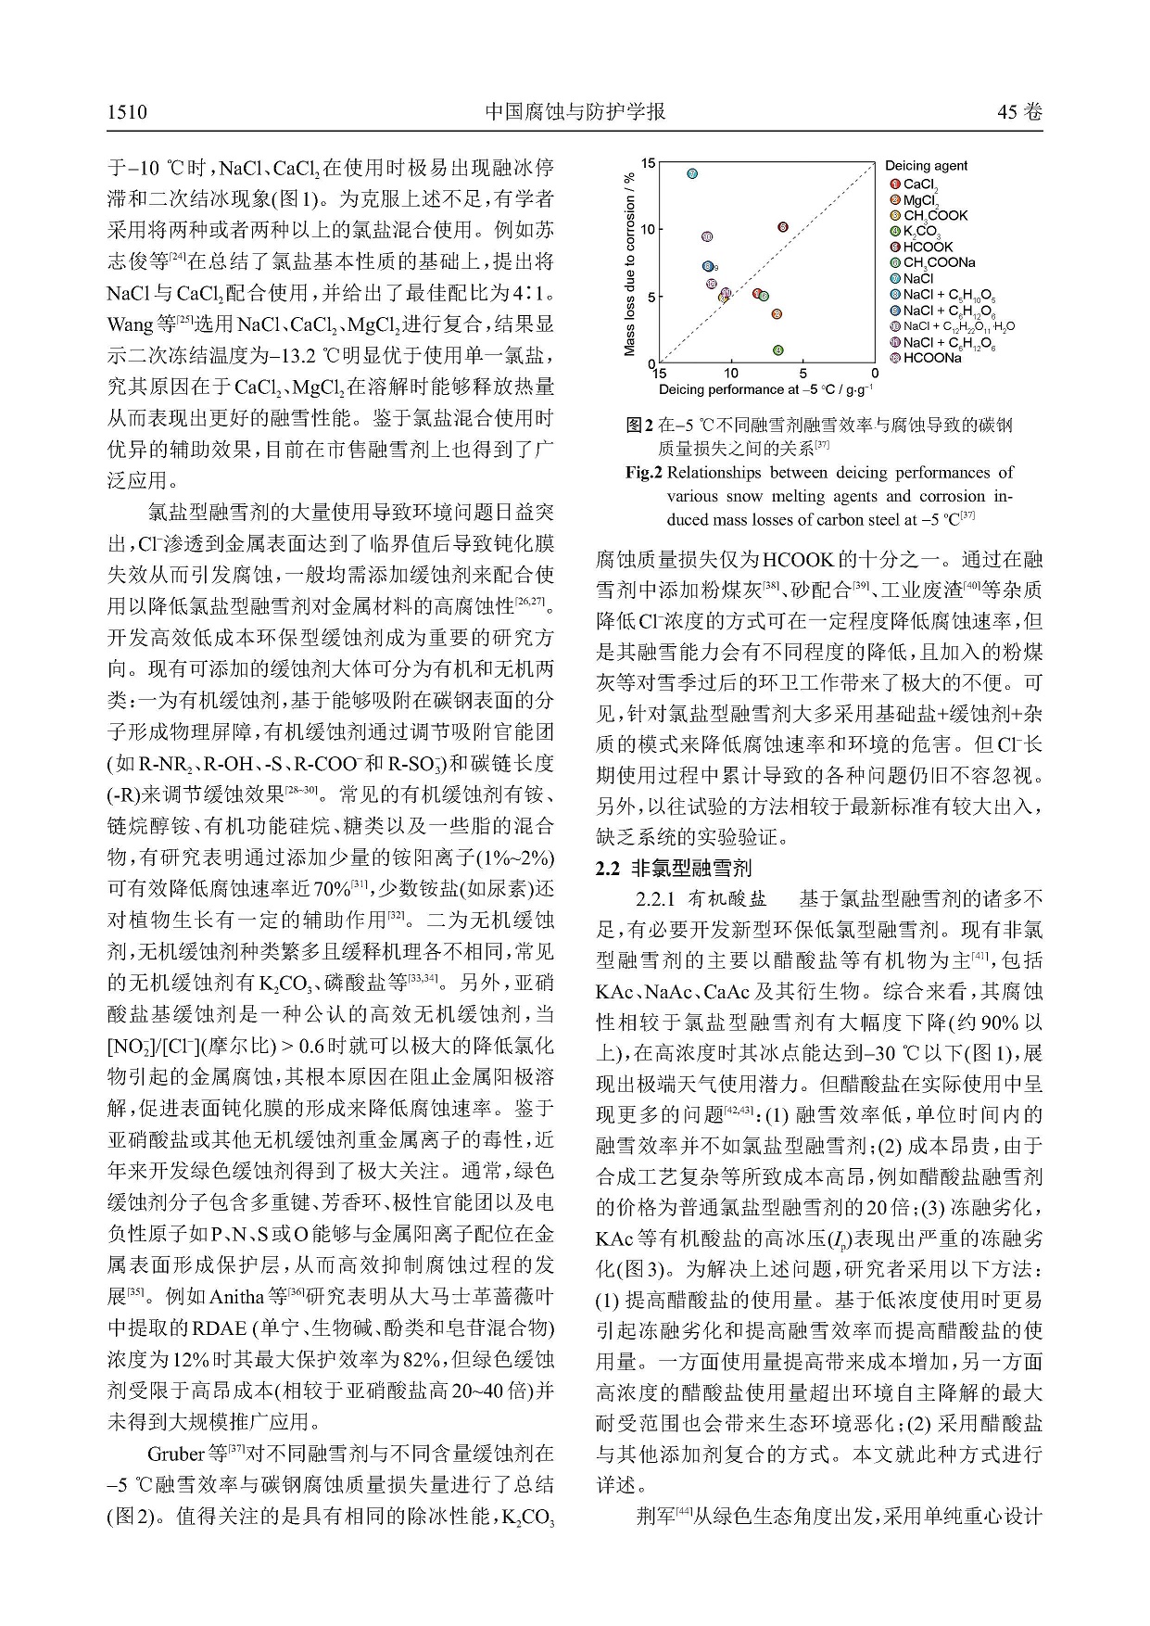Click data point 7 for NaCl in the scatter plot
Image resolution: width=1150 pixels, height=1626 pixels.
tap(692, 173)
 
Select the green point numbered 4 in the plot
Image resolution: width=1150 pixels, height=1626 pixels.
tap(777, 350)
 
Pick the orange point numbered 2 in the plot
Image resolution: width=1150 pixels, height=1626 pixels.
tap(777, 314)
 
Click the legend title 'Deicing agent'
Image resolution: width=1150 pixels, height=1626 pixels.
tap(926, 166)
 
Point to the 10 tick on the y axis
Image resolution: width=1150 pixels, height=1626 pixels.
tap(650, 229)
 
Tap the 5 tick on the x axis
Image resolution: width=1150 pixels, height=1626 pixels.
tap(802, 374)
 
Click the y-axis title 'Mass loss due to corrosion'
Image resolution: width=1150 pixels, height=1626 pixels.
tap(630, 263)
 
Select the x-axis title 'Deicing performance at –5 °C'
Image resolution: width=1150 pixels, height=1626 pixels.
tap(765, 389)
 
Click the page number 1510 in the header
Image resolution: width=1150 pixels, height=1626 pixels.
tap(127, 113)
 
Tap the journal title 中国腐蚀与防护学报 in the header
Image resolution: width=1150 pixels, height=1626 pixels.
tap(575, 112)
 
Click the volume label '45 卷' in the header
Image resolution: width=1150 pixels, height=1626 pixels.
tap(1019, 113)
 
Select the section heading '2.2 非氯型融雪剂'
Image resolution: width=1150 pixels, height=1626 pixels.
tap(673, 869)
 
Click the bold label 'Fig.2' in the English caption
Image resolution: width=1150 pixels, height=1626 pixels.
tap(643, 473)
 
